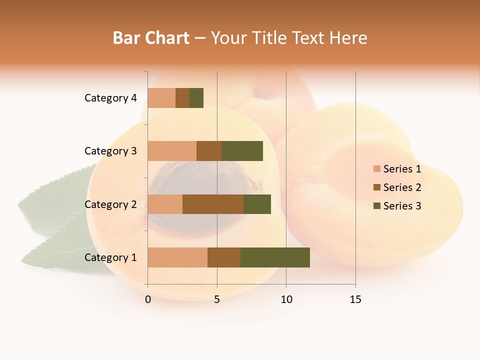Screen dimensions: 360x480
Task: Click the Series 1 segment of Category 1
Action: (177, 257)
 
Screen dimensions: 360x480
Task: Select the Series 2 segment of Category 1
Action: (224, 257)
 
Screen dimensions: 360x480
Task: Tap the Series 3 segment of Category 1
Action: (275, 257)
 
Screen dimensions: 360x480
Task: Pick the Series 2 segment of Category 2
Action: (213, 204)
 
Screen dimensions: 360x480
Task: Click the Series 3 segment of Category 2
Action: (257, 204)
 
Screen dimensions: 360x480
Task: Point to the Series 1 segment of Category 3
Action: (172, 151)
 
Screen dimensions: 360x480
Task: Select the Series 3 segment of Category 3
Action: (242, 151)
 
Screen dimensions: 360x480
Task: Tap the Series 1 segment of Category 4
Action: (161, 98)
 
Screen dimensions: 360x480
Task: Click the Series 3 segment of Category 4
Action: (196, 98)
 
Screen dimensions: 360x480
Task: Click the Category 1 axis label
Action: (110, 257)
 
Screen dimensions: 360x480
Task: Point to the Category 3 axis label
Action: (110, 151)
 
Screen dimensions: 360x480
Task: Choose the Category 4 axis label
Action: (110, 98)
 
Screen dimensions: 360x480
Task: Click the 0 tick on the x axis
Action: (148, 299)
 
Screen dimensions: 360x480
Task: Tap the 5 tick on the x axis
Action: (217, 299)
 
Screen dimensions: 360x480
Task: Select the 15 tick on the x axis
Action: (355, 299)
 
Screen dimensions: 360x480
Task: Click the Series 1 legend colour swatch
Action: (376, 169)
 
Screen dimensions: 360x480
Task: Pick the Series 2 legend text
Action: (402, 187)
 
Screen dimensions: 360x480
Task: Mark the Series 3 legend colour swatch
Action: (376, 206)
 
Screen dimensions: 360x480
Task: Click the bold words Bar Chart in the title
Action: (151, 37)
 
